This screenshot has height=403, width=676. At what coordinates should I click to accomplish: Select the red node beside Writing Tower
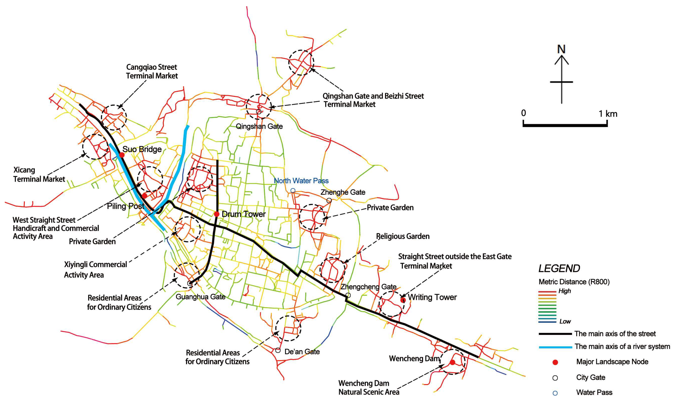[403, 300]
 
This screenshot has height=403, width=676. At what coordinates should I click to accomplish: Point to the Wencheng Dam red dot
[453, 362]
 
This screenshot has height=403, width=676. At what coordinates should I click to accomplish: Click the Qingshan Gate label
[259, 126]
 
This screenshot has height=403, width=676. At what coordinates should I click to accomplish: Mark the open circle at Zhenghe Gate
[329, 200]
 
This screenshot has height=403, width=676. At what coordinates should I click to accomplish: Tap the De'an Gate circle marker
[278, 350]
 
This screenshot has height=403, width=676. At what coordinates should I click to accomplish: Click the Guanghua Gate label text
[200, 297]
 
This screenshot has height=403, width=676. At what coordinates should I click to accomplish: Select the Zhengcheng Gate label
[368, 287]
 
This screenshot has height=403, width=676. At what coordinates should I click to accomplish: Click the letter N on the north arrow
[561, 49]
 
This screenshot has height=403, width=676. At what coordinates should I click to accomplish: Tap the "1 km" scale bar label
[608, 114]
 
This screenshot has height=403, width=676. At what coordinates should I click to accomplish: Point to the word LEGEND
[559, 269]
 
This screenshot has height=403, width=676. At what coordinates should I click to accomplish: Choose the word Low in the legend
[565, 322]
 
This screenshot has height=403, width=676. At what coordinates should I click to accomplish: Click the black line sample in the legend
[555, 333]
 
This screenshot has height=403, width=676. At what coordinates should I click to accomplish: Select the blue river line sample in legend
[555, 347]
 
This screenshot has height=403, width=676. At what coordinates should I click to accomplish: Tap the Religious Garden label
[403, 236]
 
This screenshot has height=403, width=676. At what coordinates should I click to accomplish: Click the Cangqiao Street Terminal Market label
[152, 71]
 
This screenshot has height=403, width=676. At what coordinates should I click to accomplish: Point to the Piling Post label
[125, 206]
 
